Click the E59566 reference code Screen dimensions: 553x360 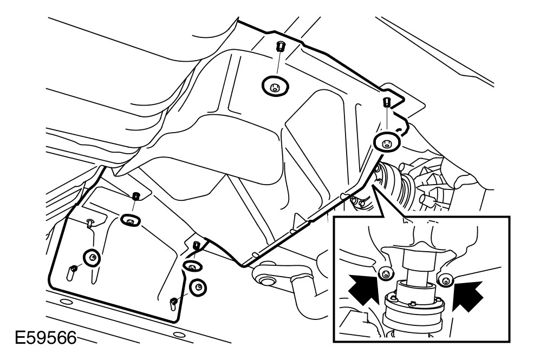tap(45, 338)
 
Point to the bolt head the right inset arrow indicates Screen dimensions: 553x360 tap(445, 280)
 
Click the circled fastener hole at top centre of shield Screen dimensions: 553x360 tap(275, 86)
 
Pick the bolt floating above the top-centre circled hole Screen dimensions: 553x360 tap(281, 46)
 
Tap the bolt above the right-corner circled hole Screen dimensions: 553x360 tap(387, 103)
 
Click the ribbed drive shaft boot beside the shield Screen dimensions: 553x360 tap(395, 184)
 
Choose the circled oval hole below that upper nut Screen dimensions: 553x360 tap(131, 221)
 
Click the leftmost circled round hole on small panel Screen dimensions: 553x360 tap(92, 258)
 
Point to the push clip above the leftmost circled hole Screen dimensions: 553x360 tap(90, 222)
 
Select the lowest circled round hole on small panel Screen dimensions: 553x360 tap(198, 287)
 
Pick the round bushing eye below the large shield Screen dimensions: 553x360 tap(266, 280)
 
